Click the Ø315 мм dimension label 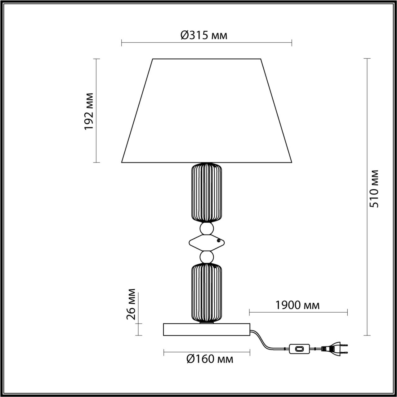pos(204,35)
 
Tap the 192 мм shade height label pos(89,111)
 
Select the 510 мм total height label pos(375,189)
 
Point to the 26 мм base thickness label pos(131,304)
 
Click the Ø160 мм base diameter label pos(210,359)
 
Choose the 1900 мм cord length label pos(297,305)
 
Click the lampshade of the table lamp pos(207,112)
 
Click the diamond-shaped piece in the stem pos(206,242)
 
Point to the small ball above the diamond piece pos(207,229)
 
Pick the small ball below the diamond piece pos(207,256)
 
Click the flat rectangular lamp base pos(207,329)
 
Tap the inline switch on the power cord pos(299,349)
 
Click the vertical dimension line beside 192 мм pos(97,140)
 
